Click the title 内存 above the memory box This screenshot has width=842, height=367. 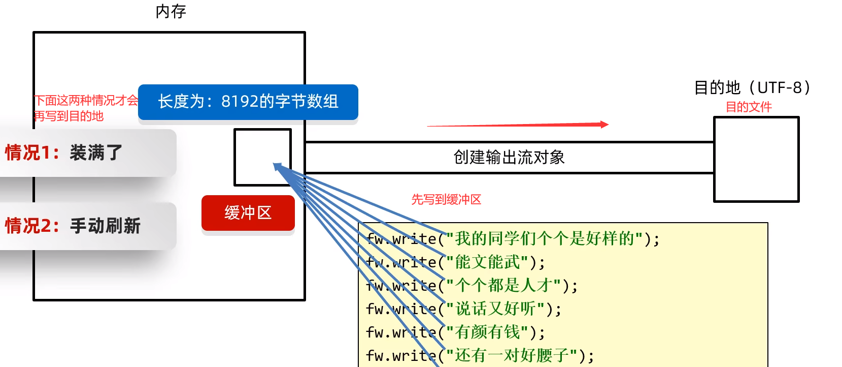click(171, 11)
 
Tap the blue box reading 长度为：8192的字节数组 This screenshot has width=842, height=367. click(248, 102)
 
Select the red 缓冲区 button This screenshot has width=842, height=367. click(248, 212)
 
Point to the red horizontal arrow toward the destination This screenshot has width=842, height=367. click(518, 125)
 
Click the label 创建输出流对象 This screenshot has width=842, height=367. click(509, 158)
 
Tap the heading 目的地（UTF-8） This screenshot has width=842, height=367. click(752, 87)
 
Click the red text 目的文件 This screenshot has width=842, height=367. click(749, 107)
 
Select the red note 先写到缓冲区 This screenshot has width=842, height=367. click(446, 199)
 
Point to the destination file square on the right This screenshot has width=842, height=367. click(756, 160)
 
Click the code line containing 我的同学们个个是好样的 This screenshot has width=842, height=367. click(513, 238)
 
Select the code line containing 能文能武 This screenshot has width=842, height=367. click(455, 262)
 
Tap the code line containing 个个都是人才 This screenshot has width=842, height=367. click(471, 285)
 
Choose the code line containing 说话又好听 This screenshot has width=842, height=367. click(463, 309)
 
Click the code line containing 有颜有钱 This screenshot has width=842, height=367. click(455, 332)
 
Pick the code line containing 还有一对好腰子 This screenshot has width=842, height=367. click(480, 355)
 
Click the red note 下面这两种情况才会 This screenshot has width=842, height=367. click(86, 101)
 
